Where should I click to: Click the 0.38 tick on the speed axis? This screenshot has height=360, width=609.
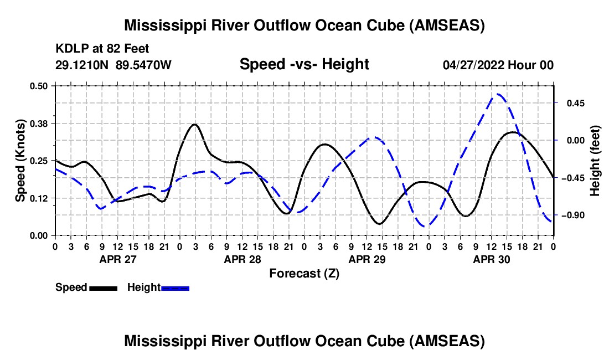click(40, 123)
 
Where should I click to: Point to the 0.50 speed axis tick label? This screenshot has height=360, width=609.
click(40, 86)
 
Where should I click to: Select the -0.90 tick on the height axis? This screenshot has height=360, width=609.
click(573, 215)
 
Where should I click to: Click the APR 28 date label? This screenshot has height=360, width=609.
click(241, 259)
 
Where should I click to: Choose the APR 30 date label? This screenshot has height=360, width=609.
click(491, 259)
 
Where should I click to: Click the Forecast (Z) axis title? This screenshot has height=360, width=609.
click(304, 273)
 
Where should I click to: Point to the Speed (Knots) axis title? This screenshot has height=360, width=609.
click(20, 160)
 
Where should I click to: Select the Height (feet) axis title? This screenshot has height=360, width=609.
click(595, 160)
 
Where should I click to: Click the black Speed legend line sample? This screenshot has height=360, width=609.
click(103, 288)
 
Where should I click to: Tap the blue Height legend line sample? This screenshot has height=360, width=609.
click(176, 288)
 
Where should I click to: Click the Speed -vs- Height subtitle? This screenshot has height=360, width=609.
click(304, 64)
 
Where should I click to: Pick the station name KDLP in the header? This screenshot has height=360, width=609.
click(70, 49)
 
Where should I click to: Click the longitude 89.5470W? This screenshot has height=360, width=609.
click(144, 65)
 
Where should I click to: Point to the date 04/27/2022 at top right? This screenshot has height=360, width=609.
click(474, 65)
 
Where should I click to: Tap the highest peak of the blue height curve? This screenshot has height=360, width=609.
click(498, 94)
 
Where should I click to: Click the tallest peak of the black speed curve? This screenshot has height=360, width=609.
click(194, 124)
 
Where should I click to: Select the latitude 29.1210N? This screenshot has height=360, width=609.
click(83, 65)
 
